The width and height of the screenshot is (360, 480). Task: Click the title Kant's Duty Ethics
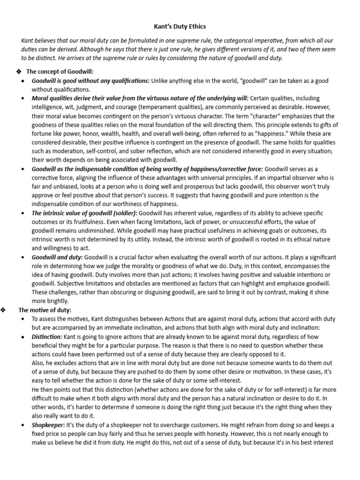pyautogui.click(x=180, y=27)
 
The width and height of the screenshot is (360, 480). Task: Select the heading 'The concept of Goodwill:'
pyautogui.click(x=60, y=71)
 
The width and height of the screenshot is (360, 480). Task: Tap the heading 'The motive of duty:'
pyautogui.click(x=45, y=310)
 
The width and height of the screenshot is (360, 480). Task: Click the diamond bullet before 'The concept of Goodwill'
pyautogui.click(x=19, y=71)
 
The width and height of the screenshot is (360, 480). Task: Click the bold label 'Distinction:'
pyautogui.click(x=47, y=337)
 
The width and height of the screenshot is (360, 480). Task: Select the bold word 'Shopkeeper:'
pyautogui.click(x=49, y=425)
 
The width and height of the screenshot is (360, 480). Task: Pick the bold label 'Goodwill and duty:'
pyautogui.click(x=57, y=257)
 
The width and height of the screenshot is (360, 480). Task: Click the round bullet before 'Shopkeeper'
pyautogui.click(x=24, y=425)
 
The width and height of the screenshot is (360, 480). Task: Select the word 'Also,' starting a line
pyautogui.click(x=39, y=363)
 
